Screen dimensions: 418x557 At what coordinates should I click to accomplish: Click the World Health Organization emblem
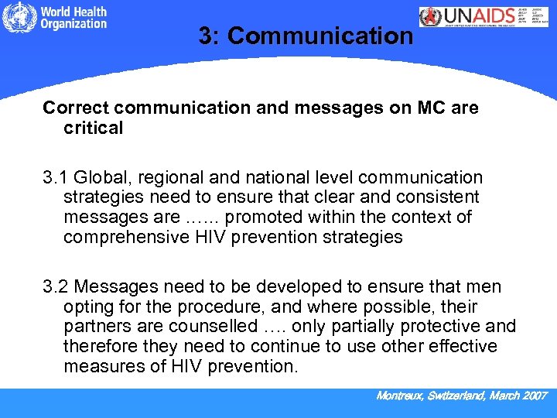18,19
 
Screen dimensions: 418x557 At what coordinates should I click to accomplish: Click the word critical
93,128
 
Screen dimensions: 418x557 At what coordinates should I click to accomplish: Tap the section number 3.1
56,178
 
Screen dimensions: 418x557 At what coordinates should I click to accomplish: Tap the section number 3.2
56,287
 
